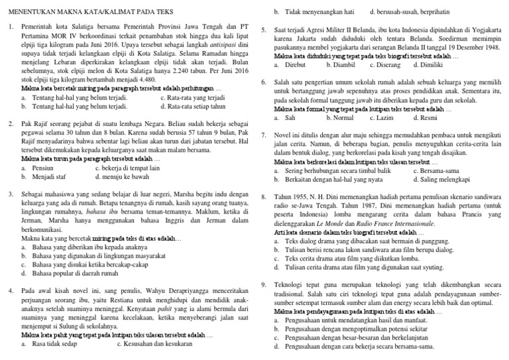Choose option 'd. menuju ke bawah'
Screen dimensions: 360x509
(121, 177)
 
